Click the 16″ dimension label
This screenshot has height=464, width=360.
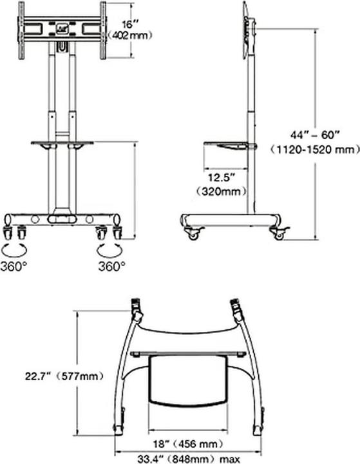pos(131,24)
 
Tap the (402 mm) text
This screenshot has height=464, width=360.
pos(130,36)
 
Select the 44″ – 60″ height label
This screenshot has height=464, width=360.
pos(314,135)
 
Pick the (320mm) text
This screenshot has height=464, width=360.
pos(222,191)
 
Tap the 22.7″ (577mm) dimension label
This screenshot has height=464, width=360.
pos(64,376)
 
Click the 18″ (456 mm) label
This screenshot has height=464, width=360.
pos(188,444)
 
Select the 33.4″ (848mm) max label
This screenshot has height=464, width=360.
pos(189,459)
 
